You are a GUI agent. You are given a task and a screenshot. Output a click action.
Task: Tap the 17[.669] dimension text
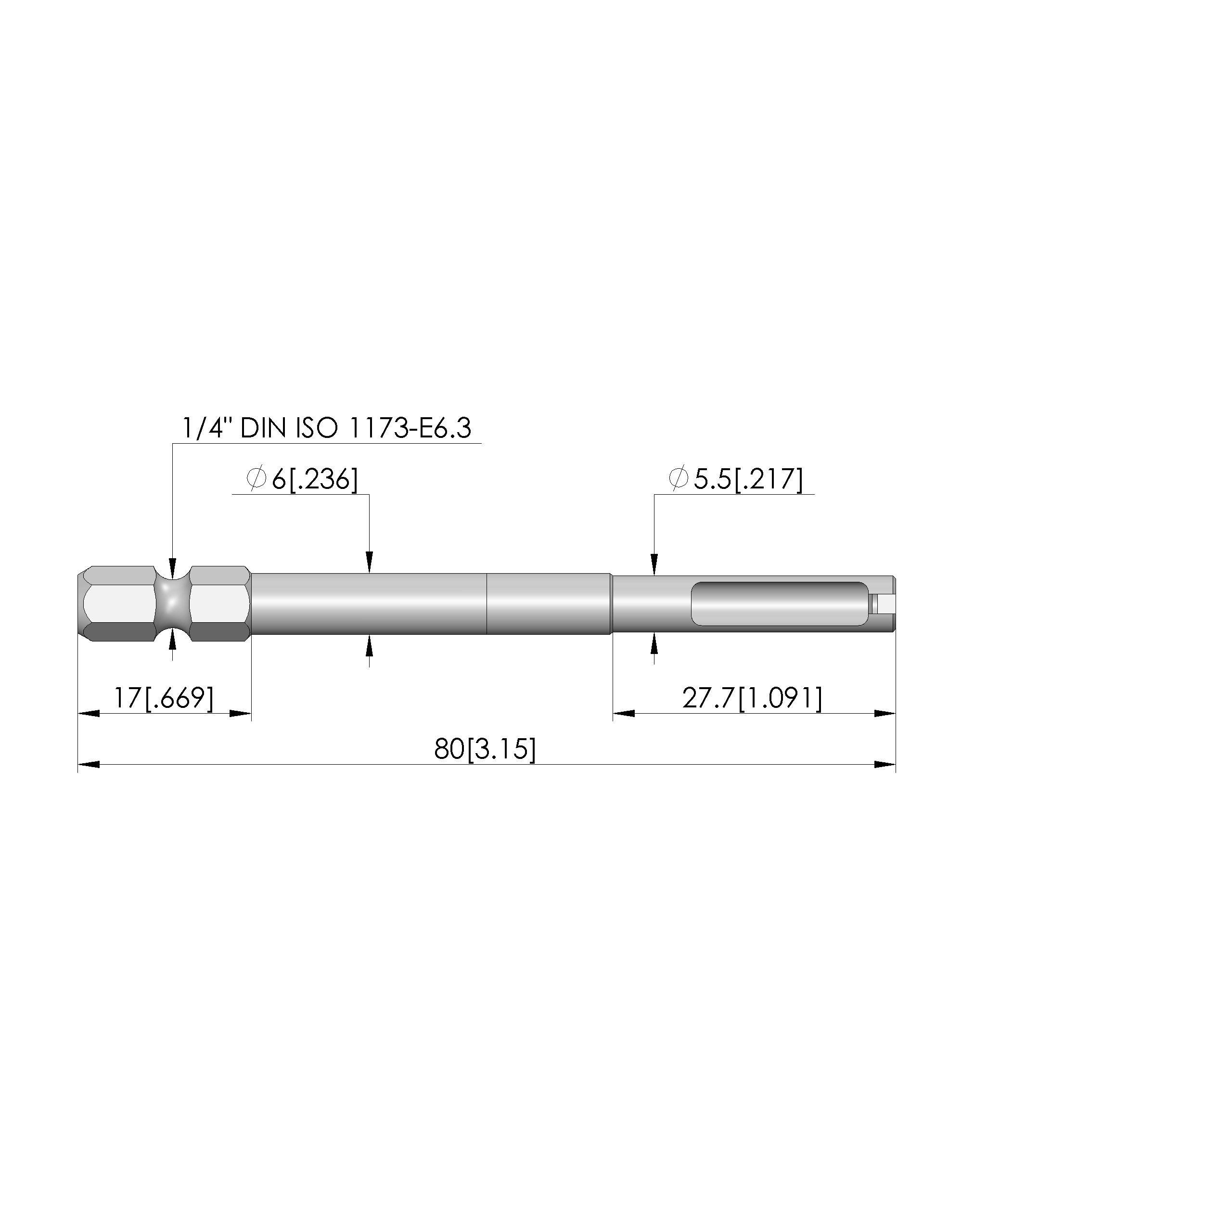coord(164,698)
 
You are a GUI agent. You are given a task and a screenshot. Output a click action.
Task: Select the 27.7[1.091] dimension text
coord(752,698)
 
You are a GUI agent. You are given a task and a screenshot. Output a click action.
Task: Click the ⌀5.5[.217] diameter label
coord(735,479)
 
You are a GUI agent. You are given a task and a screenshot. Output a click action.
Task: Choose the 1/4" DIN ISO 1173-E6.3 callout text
coord(326,428)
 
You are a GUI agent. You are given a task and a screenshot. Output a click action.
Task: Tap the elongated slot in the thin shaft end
coord(780,604)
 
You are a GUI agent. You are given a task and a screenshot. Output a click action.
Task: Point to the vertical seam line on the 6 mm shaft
coord(487,604)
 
